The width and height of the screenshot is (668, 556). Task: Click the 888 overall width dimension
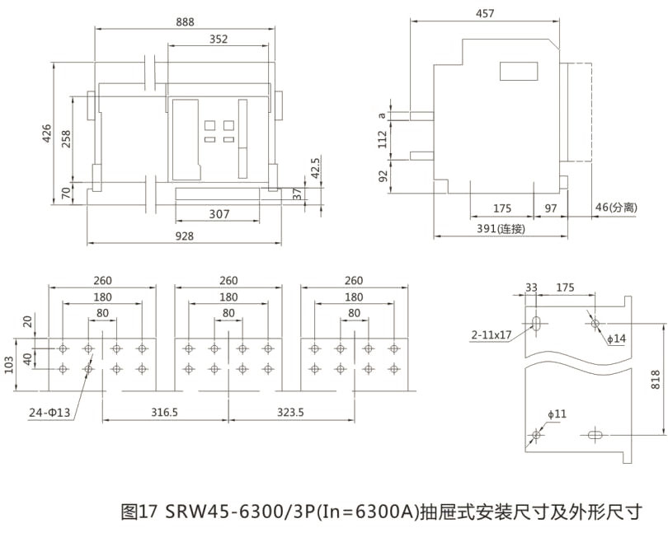pyautogui.click(x=185, y=22)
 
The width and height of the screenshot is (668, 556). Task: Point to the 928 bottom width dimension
pyautogui.click(x=185, y=236)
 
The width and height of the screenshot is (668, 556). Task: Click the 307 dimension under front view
pyautogui.click(x=218, y=214)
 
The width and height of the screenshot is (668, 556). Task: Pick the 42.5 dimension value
pyautogui.click(x=314, y=168)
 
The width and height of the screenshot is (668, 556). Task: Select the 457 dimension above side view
pyautogui.click(x=486, y=13)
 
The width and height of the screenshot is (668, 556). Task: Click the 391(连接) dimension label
pyautogui.click(x=501, y=229)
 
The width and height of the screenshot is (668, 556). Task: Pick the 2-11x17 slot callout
pyautogui.click(x=492, y=335)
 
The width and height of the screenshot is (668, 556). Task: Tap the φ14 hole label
pyautogui.click(x=616, y=339)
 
